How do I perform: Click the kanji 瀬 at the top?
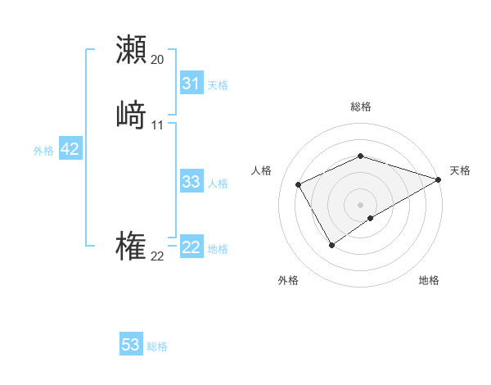click(132, 50)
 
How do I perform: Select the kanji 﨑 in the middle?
click(132, 115)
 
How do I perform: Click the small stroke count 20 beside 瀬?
click(158, 60)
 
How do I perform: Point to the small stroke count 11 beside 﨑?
click(158, 125)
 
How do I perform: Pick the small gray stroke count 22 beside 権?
click(158, 256)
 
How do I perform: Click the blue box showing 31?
click(191, 84)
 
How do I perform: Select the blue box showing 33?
click(191, 182)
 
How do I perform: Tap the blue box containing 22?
click(191, 247)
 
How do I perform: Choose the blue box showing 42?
click(70, 149)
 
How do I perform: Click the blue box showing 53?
click(131, 345)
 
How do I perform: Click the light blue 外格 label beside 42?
click(43, 151)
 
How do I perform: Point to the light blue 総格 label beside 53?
click(157, 346)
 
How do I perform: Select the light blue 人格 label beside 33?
click(218, 183)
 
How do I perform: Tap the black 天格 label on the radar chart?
click(460, 170)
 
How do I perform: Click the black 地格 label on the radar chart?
click(429, 281)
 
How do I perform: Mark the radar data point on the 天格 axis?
click(439, 179)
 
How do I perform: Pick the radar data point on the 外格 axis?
click(331, 244)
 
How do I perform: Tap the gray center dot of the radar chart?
click(360, 204)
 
